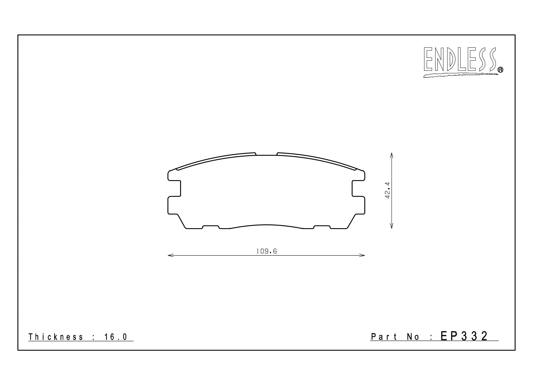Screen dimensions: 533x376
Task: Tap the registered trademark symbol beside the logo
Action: coord(501,70)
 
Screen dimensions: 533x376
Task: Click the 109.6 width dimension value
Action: coord(266,251)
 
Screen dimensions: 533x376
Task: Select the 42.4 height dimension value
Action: coord(387,190)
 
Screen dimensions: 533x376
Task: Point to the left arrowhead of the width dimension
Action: coord(170,255)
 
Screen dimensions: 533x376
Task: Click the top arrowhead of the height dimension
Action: coord(392,155)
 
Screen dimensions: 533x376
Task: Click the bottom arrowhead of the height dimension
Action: coord(392,226)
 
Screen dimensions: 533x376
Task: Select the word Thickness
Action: coord(56,337)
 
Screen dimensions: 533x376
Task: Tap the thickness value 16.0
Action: coord(116,337)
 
